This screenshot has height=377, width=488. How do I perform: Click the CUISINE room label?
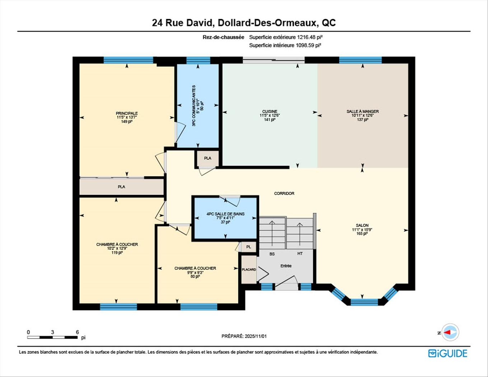coord(269,111)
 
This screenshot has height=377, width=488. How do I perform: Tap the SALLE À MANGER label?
coord(362,111)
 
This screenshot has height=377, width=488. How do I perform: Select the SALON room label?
coord(362,225)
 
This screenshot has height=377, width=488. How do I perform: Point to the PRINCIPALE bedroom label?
coord(127,113)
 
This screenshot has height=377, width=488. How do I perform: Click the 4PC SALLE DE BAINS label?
coord(225,214)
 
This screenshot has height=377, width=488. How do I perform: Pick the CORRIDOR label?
coord(284,194)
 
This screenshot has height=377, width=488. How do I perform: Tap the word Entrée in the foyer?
coord(286,266)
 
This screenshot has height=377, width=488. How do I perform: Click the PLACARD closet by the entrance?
coord(249,270)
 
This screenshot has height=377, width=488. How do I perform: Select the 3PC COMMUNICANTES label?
coord(194,106)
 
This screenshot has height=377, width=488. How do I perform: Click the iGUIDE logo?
coord(447,353)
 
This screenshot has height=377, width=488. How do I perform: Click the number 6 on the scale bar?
coord(77,332)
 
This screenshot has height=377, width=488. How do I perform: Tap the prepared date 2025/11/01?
coord(255,336)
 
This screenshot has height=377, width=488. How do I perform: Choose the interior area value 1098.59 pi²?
coord(308,45)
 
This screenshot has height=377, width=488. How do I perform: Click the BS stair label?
coord(272,254)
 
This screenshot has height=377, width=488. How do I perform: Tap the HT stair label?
coord(300,253)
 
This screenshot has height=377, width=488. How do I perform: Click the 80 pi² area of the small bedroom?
coord(195,277)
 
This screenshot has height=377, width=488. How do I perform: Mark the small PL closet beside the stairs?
coord(248,247)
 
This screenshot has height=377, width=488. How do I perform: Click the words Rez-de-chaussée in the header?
coord(223,37)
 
